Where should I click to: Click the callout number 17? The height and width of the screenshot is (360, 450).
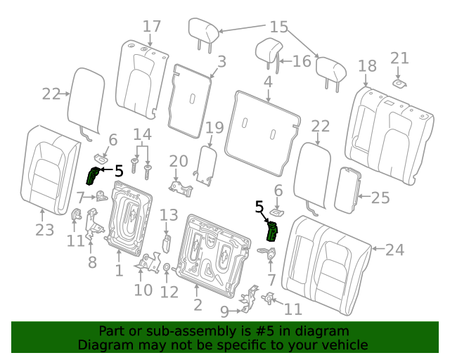click(152, 27)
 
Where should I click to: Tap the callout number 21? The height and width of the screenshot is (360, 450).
click(399, 58)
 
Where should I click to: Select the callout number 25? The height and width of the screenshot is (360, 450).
click(380, 198)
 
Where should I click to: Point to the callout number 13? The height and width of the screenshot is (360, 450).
click(169, 214)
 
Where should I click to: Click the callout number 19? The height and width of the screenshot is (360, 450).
click(214, 127)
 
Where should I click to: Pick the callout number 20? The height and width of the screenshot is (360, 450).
click(179, 161)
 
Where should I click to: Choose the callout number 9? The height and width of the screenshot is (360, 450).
click(225, 311)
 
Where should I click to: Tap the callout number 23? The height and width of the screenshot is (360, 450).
click(45, 230)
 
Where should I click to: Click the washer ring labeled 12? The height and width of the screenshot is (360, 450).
click(167, 268)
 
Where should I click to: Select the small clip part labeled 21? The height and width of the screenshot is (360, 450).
click(399, 84)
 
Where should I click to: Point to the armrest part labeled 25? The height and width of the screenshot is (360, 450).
click(347, 191)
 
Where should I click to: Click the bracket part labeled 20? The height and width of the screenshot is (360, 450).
click(181, 188)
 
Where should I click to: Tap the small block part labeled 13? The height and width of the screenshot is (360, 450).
click(167, 244)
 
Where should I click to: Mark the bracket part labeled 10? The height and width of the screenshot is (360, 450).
click(148, 262)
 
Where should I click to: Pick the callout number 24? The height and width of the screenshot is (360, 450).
click(395, 250)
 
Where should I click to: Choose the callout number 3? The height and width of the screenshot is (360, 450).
click(222, 62)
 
